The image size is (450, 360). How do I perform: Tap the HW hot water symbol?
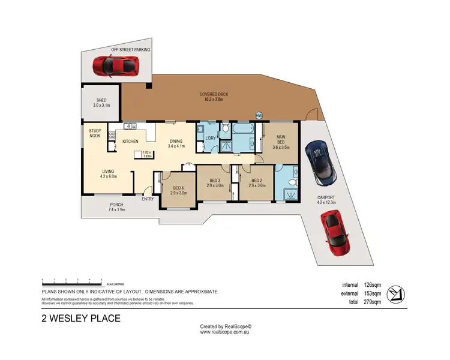[259, 115]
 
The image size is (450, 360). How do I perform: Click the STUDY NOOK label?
[95, 133]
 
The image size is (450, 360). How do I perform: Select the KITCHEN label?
[131, 141]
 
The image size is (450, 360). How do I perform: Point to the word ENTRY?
[148, 199]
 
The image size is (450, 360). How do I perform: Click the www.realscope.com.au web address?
[226, 332]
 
